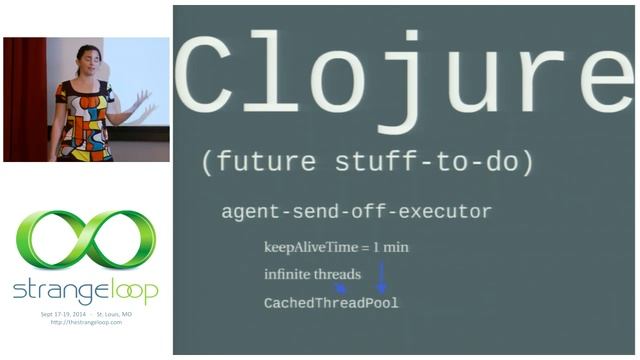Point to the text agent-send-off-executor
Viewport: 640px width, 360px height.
(356, 212)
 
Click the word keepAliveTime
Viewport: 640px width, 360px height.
(310, 247)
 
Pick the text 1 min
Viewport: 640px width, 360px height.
(389, 247)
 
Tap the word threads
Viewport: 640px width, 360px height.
(341, 274)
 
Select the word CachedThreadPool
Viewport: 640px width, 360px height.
(331, 302)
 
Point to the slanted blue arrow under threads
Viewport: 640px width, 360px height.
(340, 288)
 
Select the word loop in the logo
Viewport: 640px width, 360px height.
(128, 291)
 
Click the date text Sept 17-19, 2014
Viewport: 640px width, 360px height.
(62, 314)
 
